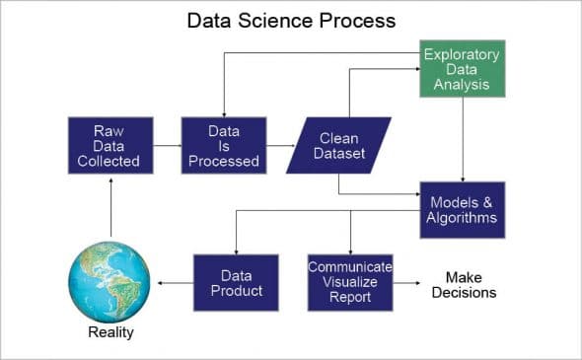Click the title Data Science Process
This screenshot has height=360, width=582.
click(291, 20)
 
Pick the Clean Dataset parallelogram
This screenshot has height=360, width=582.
click(338, 145)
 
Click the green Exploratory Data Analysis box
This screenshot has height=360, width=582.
click(463, 69)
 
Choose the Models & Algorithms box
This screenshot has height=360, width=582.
click(463, 209)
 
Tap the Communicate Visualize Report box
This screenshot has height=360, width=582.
click(350, 282)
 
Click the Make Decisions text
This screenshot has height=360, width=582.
click(463, 284)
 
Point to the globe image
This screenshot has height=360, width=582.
click(109, 276)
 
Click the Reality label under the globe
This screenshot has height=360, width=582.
click(109, 332)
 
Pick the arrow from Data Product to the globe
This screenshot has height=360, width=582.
click(175, 283)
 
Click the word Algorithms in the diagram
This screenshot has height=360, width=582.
click(463, 218)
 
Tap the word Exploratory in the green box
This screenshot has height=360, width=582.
click(463, 53)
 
